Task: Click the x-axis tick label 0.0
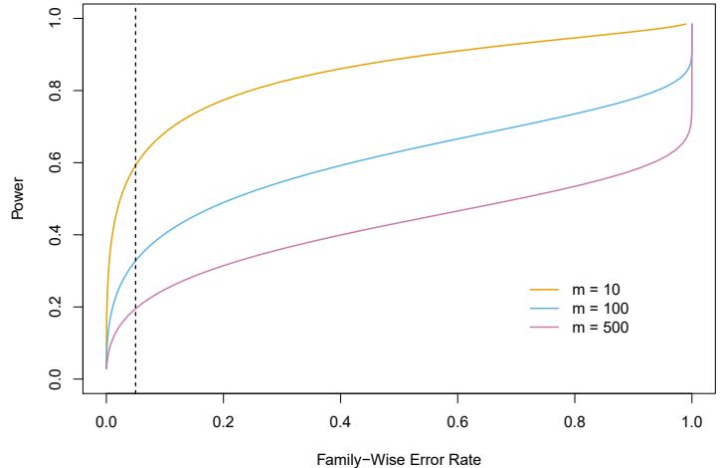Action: point(106,421)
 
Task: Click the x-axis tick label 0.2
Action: point(224,421)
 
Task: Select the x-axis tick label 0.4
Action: point(340,421)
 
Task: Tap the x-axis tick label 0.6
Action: point(457,421)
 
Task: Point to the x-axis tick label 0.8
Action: point(575,421)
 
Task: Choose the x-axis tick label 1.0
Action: point(691,421)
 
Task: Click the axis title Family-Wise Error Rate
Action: point(399,456)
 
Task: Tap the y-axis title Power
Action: point(17,199)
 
